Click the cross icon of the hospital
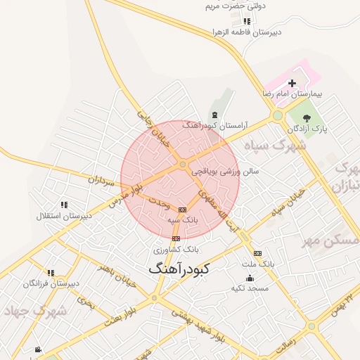point(292,83)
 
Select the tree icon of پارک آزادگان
point(307,118)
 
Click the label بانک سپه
point(183,220)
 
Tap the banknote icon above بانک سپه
point(183,209)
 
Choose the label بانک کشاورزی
point(176,250)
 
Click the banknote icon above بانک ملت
point(257,253)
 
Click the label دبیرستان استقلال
point(65,216)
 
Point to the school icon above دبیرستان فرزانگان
point(50,272)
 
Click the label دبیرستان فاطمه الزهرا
point(248,32)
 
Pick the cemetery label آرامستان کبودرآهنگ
point(211,125)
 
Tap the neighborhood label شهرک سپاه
point(274,146)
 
